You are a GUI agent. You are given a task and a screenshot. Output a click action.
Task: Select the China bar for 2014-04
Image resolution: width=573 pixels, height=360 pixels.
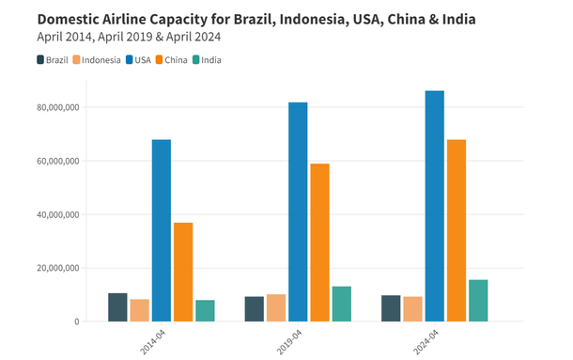coord(183,272)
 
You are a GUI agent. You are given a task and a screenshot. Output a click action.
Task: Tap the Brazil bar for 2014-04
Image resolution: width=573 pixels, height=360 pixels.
coord(117,307)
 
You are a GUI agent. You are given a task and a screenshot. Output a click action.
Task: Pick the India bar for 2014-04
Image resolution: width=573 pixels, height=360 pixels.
coord(205,311)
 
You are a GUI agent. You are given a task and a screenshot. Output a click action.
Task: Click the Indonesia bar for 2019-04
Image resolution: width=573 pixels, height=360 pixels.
coord(276,307)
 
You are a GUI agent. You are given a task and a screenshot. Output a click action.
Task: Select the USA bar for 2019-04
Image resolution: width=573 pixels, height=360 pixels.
coord(298,211)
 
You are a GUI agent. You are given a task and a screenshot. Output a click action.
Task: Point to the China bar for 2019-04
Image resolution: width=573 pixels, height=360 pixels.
coord(319,243)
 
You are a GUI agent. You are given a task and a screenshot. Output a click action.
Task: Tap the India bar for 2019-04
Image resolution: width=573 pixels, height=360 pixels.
coord(341,304)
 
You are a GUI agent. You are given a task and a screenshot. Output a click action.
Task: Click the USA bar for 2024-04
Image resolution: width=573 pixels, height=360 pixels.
coord(434,206)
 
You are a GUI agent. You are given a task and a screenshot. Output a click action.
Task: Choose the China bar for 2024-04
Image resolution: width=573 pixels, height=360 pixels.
coord(457,230)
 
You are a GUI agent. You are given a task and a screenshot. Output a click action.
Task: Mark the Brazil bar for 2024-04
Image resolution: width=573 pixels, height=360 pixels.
coord(391,308)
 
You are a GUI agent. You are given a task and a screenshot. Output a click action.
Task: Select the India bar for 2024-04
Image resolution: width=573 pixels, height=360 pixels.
coord(478,301)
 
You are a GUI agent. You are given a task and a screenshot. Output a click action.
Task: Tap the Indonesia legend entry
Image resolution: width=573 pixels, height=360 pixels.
coord(96,60)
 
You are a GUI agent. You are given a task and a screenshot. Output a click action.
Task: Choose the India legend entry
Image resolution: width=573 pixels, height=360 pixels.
coord(207,60)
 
